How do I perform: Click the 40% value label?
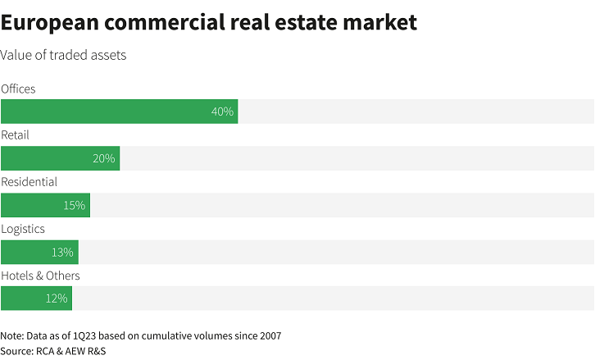(222, 112)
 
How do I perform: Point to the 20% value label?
(104, 158)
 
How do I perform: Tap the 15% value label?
(75, 205)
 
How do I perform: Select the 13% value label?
(62, 252)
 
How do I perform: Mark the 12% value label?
(57, 298)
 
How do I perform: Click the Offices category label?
(19, 89)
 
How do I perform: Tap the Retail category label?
(16, 134)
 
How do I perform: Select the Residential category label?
(30, 181)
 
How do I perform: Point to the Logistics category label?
(23, 229)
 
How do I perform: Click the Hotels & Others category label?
(41, 276)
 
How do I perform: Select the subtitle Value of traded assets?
(63, 55)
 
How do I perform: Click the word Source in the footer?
(17, 351)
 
